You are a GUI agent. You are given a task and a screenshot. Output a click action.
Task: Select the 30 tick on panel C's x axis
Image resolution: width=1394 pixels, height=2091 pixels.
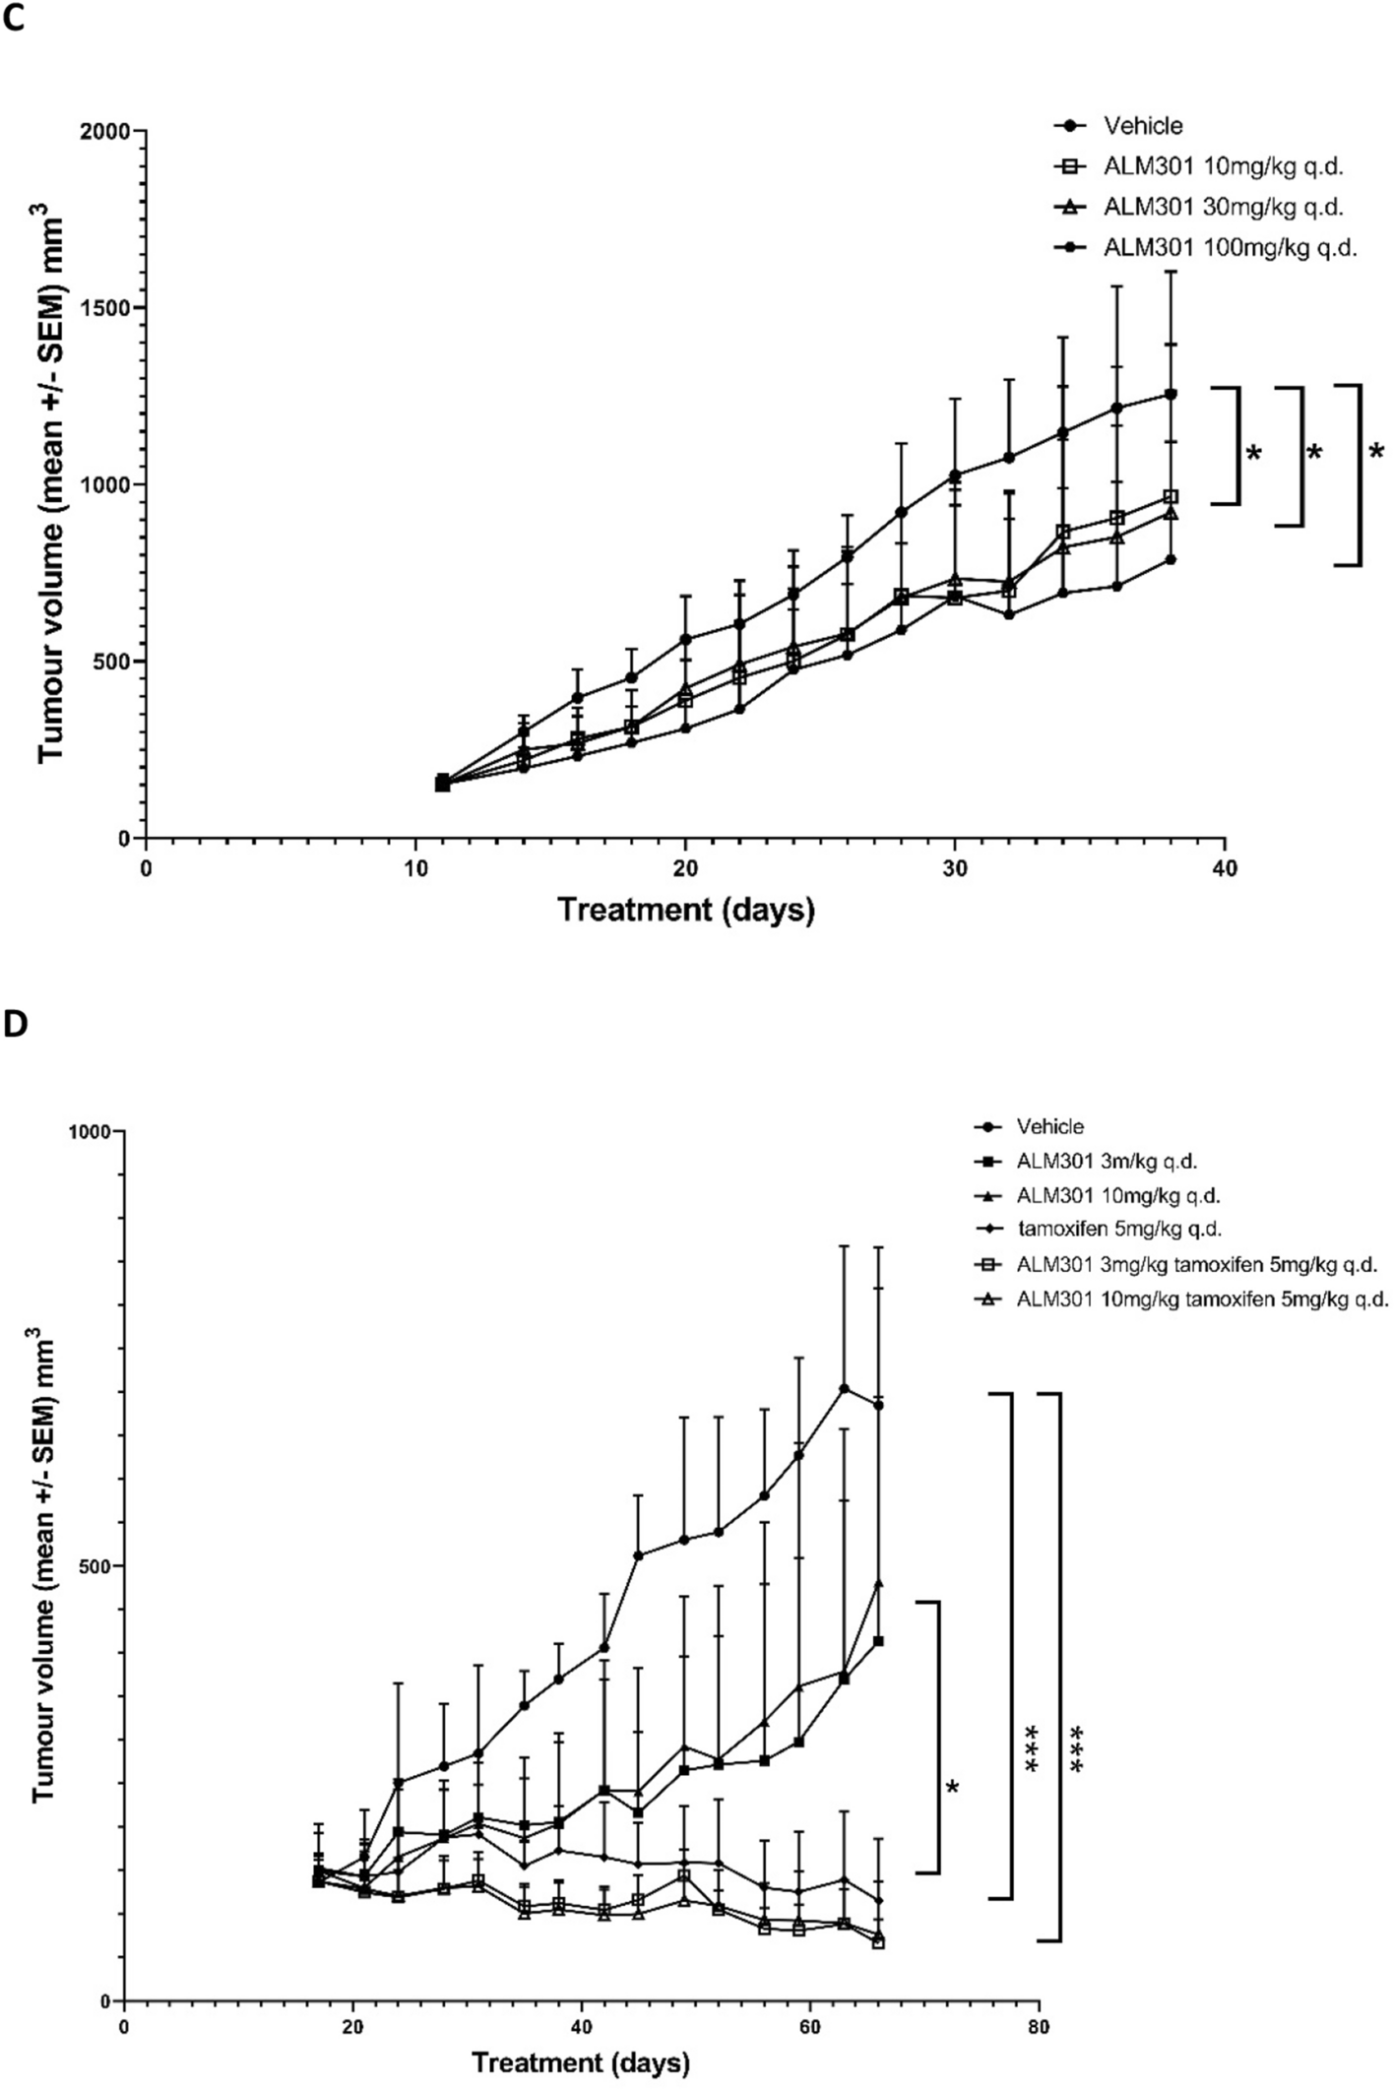tap(955, 869)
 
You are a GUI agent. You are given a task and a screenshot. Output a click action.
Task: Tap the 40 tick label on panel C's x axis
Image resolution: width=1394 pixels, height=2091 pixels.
tap(1225, 869)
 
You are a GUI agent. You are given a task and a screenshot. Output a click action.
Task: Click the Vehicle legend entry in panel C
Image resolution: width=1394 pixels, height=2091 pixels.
tap(1142, 126)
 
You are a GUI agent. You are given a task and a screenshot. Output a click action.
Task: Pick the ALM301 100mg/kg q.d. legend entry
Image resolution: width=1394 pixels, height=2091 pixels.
tap(1229, 248)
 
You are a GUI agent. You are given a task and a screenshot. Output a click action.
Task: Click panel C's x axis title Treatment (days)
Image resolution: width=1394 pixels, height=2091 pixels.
tap(686, 910)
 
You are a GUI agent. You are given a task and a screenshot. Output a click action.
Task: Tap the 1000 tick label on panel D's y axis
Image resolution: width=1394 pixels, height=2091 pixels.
tap(91, 1131)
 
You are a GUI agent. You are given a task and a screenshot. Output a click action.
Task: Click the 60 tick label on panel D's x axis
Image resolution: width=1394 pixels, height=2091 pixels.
tap(809, 2027)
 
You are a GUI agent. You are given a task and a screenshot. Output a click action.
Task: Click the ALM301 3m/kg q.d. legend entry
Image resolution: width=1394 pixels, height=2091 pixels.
tap(1107, 1161)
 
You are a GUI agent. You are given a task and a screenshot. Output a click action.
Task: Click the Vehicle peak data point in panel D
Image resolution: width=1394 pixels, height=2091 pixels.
tap(844, 1388)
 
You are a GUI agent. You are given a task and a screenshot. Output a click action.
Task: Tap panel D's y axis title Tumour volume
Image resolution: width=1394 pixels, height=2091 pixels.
tap(44, 1565)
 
